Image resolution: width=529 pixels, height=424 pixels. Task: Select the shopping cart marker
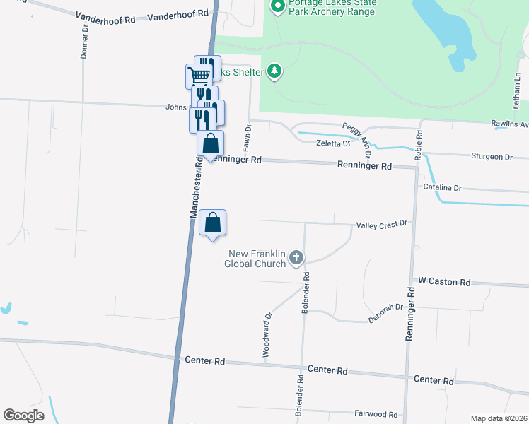[199, 75]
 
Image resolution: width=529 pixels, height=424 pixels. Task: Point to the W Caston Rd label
[444, 282]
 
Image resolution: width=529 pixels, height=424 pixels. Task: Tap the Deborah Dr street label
[385, 314]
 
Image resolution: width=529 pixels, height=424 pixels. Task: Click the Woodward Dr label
[267, 334]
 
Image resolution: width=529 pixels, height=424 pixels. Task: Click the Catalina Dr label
[442, 188]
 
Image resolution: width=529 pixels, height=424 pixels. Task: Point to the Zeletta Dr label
[333, 143]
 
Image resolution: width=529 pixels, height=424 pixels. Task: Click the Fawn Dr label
[248, 139]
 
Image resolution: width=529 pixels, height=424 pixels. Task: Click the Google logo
[23, 415]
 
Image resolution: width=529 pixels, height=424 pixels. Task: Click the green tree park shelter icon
[274, 71]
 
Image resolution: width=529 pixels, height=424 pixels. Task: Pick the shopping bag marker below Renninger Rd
[213, 223]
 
